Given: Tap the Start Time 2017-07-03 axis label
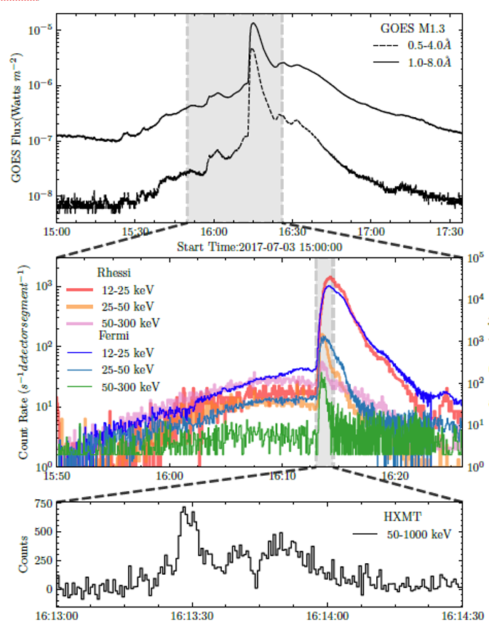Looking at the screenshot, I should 260,247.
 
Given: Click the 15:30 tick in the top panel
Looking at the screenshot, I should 135,232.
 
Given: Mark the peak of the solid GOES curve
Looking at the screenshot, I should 253,23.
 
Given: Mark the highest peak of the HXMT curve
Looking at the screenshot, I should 185,508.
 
